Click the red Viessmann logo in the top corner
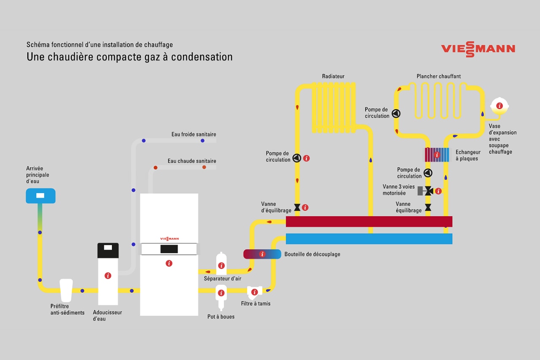click(x=478, y=49)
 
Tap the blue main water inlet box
click(x=40, y=196)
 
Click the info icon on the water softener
click(x=108, y=276)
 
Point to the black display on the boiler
click(x=169, y=249)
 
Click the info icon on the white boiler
click(x=169, y=263)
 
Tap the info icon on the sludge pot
click(x=221, y=292)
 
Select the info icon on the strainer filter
click(x=254, y=292)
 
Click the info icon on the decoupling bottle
click(x=262, y=254)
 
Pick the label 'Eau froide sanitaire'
click(x=194, y=134)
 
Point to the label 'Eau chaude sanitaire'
click(x=192, y=161)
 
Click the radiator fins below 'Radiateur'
click(x=333, y=107)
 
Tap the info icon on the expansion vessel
click(x=499, y=106)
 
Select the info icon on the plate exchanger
click(x=437, y=155)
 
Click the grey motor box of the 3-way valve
click(x=420, y=191)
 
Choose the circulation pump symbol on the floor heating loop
click(x=396, y=113)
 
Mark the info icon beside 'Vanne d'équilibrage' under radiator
click(x=305, y=208)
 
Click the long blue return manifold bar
click(x=369, y=238)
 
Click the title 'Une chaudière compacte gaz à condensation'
click(x=130, y=57)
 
